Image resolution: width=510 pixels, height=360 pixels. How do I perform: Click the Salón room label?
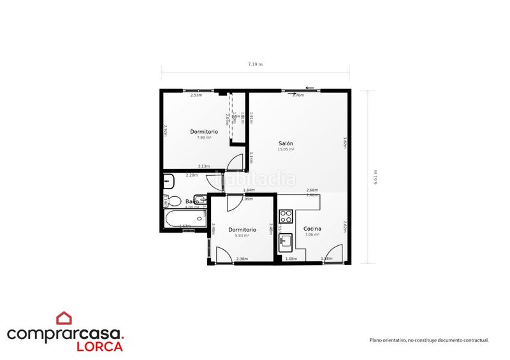286,143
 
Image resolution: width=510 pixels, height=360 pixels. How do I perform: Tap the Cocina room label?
312,228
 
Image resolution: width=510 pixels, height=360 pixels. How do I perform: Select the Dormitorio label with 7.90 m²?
204,131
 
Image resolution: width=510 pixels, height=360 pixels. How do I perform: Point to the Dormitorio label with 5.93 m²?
242,229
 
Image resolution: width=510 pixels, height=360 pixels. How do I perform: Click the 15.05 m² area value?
286,150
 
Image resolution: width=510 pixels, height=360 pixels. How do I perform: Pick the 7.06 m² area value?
312,234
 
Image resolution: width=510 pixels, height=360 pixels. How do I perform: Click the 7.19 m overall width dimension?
255,65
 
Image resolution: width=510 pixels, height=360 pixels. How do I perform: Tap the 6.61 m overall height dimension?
376,176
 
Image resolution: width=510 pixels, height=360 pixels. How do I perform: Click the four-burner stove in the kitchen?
285,215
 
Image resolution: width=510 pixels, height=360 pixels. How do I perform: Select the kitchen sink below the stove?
286,241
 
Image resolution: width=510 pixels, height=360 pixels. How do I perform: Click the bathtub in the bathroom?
185,220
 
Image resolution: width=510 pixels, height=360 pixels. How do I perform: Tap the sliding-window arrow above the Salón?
310,88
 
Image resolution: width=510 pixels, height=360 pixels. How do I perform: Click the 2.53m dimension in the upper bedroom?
196,95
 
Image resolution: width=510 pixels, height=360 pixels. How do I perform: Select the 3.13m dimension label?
204,166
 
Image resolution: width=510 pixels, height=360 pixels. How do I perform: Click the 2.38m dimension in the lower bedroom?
242,259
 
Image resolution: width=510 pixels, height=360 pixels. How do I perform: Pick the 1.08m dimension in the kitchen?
291,259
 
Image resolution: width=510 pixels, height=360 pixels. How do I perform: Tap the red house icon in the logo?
64,317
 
